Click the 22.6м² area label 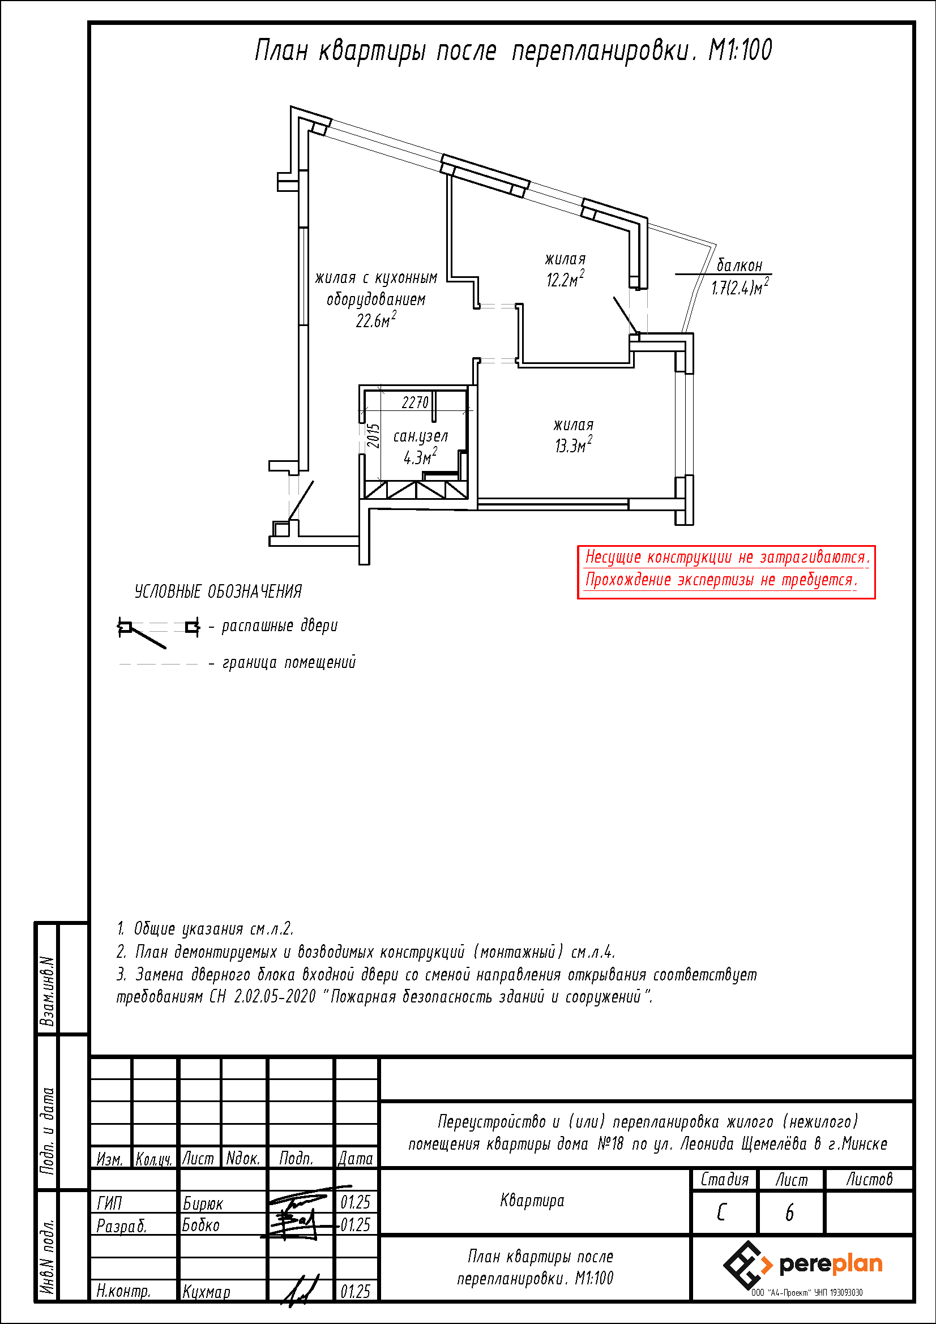[375, 320]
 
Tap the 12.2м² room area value [565, 279]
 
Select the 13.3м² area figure [573, 445]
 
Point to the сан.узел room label [420, 436]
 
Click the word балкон [740, 266]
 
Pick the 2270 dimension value [415, 402]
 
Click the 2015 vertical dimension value [374, 436]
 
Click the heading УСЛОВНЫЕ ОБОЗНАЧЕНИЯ [218, 592]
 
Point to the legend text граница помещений [289, 663]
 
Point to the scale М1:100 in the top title [740, 50]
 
